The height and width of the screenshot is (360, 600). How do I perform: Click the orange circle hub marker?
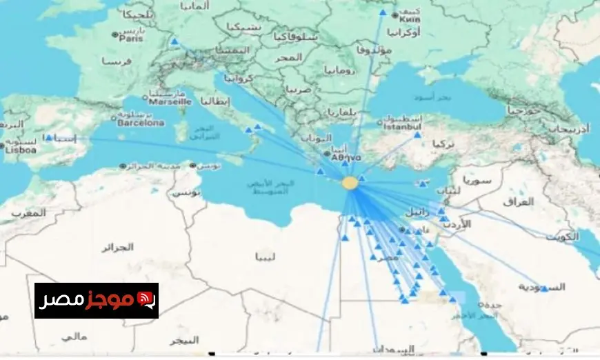[350, 183]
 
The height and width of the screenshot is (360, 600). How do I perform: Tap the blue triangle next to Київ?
[383, 12]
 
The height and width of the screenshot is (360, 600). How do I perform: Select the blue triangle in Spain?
[50, 137]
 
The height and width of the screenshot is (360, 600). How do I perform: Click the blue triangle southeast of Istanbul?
[417, 136]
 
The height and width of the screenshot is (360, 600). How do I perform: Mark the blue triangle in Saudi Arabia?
[545, 289]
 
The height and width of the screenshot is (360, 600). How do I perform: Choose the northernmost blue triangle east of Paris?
[174, 41]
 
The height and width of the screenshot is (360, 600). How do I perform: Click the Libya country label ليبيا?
[265, 258]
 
